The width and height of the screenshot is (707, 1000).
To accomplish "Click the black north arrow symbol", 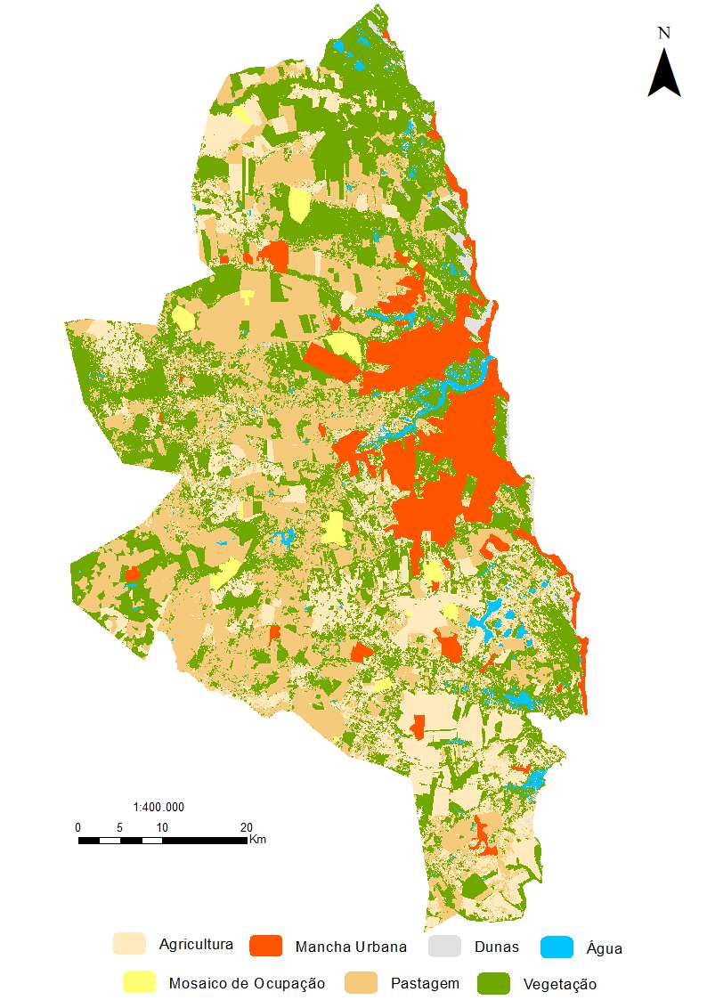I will pyautogui.click(x=663, y=73).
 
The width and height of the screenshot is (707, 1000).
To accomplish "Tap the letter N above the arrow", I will pyautogui.click(x=663, y=33).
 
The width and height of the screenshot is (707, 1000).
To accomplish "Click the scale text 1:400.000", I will pyautogui.click(x=158, y=808).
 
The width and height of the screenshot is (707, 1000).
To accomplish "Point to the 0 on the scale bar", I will pyautogui.click(x=78, y=827).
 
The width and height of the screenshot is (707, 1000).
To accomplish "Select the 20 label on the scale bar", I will pyautogui.click(x=247, y=827).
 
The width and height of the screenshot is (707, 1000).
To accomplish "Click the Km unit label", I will pyautogui.click(x=257, y=840).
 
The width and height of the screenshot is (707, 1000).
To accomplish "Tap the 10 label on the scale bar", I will pyautogui.click(x=161, y=827).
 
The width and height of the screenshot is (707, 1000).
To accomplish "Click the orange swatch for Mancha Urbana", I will pyautogui.click(x=266, y=946).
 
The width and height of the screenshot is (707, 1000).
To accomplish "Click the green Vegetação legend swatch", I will pyautogui.click(x=494, y=983).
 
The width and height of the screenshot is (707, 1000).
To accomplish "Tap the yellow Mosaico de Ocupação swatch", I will pyautogui.click(x=140, y=983).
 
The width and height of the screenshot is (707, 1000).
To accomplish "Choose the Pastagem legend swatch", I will pyautogui.click(x=361, y=983).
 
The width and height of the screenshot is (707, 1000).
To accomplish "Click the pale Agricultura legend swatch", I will pyautogui.click(x=129, y=944).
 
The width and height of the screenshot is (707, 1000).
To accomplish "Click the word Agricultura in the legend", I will pyautogui.click(x=196, y=944).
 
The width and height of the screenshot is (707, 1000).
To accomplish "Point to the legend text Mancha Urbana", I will pyautogui.click(x=351, y=947).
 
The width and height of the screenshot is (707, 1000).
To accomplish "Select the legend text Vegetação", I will pyautogui.click(x=560, y=984).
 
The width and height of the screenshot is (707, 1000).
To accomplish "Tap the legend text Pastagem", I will pyautogui.click(x=425, y=983).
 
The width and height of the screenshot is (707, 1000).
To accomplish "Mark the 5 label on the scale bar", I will pyautogui.click(x=119, y=827).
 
